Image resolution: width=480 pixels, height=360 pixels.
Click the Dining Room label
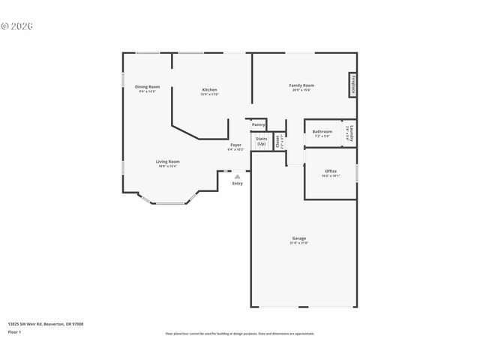(x=148, y=86)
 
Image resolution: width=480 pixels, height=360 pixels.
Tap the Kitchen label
(x=209, y=90)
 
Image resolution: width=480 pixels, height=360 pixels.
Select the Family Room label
(x=301, y=85)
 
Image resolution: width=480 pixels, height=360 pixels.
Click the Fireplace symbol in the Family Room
(x=352, y=85)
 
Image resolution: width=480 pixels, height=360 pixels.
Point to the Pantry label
(x=258, y=124)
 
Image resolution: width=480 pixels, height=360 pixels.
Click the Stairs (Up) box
(x=261, y=140)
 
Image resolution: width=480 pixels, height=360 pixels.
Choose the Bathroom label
(x=322, y=132)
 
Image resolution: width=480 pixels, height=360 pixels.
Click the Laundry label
(x=350, y=133)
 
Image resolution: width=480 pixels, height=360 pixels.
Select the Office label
(x=331, y=172)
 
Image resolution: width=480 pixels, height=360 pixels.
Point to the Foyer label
(x=235, y=144)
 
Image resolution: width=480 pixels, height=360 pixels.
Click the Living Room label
(x=167, y=161)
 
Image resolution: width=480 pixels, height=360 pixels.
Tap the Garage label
(x=299, y=238)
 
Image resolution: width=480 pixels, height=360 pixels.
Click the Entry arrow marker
(x=238, y=177)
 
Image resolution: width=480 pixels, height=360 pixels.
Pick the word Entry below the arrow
(x=238, y=184)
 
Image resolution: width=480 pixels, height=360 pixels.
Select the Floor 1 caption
(x=14, y=331)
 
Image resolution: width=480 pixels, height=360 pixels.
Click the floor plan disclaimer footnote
(x=239, y=334)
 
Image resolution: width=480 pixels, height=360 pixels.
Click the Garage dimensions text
(x=299, y=243)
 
